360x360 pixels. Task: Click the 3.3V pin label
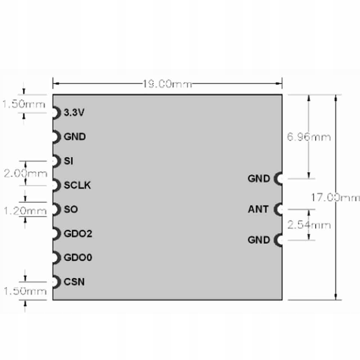tap(74, 113)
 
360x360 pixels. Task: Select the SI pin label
tap(68, 161)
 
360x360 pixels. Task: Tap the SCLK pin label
tap(77, 185)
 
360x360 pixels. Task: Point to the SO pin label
tap(71, 209)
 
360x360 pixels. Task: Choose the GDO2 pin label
tap(78, 234)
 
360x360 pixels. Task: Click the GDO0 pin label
tap(78, 258)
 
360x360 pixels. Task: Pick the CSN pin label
tap(74, 282)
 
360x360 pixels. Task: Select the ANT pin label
tap(258, 209)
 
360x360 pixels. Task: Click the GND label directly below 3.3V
tap(75, 137)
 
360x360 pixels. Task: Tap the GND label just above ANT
tap(258, 178)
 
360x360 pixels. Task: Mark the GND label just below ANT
tap(258, 240)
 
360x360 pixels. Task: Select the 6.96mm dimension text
tap(309, 137)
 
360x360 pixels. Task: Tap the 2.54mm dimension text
tap(309, 225)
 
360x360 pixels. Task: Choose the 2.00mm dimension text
tap(25, 174)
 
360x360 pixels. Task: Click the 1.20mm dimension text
tap(25, 211)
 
